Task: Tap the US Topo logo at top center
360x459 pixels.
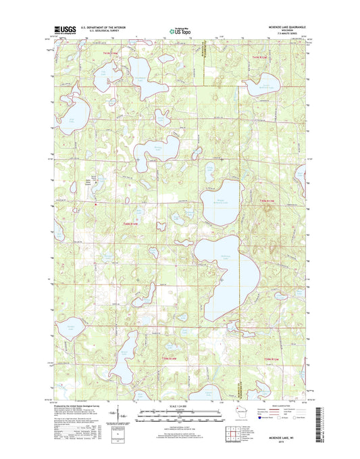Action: click(x=180, y=30)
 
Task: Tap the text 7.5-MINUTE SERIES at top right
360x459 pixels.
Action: click(x=276, y=34)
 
